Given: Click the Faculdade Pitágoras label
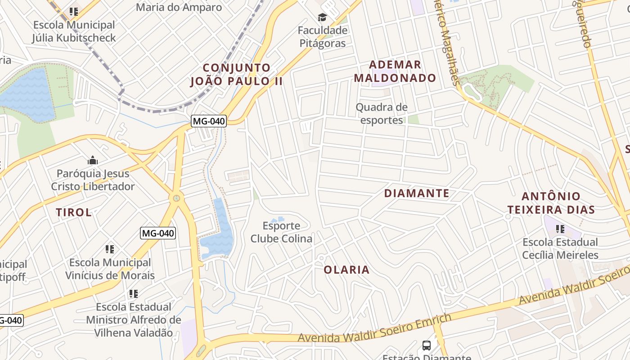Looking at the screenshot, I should [323, 37].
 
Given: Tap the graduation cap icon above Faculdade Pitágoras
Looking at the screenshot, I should [322, 18].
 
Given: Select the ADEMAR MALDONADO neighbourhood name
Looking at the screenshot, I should [395, 72].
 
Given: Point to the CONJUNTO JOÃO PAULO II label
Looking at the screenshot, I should [237, 75].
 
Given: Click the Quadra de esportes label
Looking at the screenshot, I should [382, 113].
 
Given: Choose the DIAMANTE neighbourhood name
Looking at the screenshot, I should [417, 193].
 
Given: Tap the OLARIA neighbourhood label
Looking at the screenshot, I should [346, 270].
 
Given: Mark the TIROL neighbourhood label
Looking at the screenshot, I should [74, 212].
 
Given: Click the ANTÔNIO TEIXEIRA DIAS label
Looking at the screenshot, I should [551, 203].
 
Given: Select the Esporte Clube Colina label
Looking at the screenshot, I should [281, 232].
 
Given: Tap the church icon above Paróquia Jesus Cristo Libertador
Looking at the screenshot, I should [93, 160].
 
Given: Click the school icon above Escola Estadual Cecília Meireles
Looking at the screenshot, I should [560, 229].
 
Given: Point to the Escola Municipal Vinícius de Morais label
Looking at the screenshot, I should [110, 269].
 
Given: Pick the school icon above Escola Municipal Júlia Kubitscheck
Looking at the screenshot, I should [74, 12].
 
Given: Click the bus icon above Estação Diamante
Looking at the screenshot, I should [427, 346].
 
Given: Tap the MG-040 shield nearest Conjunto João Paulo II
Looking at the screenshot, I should [208, 121].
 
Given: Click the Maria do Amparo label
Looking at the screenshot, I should [179, 7].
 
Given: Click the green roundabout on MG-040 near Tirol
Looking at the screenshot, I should [176, 198].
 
